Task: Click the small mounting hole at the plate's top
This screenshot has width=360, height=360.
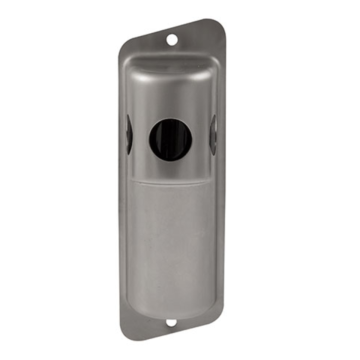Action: [171, 41]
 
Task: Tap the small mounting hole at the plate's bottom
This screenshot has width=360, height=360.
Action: [170, 322]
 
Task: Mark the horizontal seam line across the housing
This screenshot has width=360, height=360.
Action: [170, 182]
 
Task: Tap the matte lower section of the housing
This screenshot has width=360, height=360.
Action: [170, 240]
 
